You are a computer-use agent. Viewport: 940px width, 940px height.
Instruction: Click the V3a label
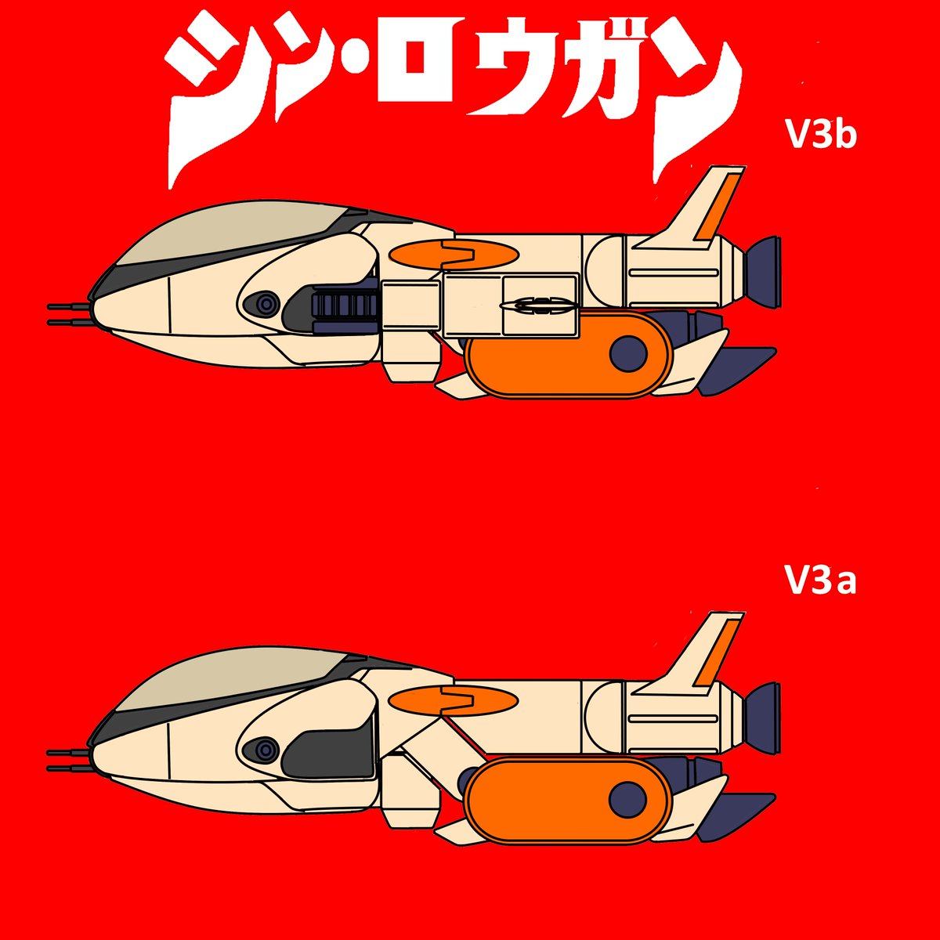coord(819,582)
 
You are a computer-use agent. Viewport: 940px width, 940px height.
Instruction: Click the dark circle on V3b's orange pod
coord(628,352)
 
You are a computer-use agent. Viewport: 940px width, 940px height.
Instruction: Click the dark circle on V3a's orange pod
coord(628,799)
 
